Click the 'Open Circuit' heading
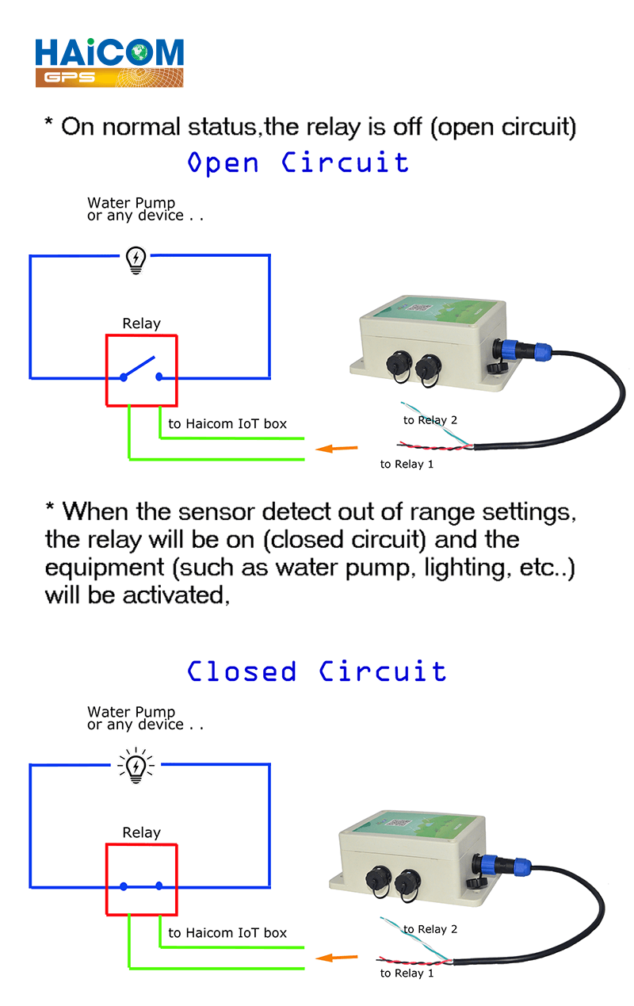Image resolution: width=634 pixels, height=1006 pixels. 298,163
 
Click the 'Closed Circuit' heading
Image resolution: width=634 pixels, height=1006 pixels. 316,671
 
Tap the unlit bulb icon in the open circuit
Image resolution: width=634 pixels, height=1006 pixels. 136,260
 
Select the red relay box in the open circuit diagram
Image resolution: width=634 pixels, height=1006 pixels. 142,370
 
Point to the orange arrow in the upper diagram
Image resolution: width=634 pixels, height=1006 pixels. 336,449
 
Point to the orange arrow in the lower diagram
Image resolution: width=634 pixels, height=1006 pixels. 336,958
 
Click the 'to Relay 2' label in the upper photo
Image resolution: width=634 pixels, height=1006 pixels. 430,420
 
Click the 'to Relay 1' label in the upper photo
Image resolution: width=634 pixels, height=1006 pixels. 407,464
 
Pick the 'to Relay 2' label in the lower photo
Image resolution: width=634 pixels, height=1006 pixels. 430,929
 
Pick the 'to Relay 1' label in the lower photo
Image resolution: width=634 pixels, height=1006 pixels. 407,973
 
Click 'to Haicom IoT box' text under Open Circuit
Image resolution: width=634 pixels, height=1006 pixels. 227,424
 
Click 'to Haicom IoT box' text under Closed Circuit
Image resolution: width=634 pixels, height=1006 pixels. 227,933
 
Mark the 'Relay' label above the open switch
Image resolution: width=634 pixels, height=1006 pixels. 142,323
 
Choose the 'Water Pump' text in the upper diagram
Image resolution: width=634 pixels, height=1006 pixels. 132,203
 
